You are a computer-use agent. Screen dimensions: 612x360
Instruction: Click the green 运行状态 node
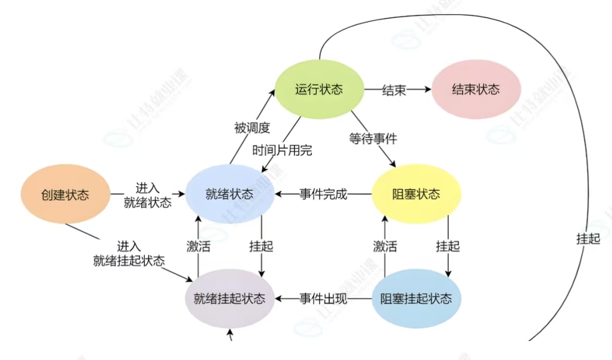tap(319, 89)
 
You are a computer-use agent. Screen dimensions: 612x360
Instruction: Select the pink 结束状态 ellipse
tap(476, 89)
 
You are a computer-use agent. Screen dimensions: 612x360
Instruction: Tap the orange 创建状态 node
tap(65, 194)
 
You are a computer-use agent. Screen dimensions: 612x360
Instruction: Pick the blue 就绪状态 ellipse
tap(229, 194)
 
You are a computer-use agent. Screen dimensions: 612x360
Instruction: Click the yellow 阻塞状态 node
tap(416, 194)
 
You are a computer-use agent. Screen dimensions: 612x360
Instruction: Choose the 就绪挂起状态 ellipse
tap(229, 298)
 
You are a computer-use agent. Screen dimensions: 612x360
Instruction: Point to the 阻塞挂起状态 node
tap(416, 298)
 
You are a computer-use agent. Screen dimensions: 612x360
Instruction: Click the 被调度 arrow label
tap(252, 129)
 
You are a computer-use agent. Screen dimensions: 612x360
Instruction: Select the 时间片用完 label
tap(282, 150)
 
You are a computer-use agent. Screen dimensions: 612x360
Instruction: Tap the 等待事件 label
tap(373, 138)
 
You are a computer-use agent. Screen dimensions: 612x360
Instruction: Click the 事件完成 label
tap(323, 194)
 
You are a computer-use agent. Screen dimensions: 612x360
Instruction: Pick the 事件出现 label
tap(323, 298)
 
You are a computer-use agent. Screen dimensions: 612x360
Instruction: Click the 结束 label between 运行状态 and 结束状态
tap(393, 90)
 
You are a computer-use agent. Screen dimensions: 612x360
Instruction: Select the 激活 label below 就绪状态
tap(198, 246)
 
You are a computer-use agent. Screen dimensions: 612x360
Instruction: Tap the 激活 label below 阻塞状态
tap(385, 246)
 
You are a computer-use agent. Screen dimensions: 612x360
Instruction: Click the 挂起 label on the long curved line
tap(587, 239)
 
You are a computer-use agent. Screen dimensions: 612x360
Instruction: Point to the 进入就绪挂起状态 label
tap(129, 253)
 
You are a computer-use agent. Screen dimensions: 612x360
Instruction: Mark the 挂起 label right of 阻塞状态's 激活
tap(448, 246)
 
